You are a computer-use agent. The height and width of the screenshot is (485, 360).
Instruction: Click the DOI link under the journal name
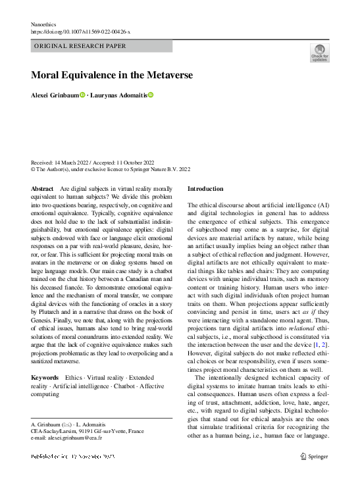click(x=81, y=32)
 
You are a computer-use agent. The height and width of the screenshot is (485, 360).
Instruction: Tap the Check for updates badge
click(x=319, y=53)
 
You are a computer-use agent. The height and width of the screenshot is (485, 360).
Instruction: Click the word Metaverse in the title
click(x=163, y=76)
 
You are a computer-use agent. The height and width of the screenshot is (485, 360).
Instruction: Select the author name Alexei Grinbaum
click(x=55, y=95)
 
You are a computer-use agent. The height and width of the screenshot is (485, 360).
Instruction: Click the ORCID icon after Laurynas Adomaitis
click(x=150, y=95)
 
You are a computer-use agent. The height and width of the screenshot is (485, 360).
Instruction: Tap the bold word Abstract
click(x=42, y=189)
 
